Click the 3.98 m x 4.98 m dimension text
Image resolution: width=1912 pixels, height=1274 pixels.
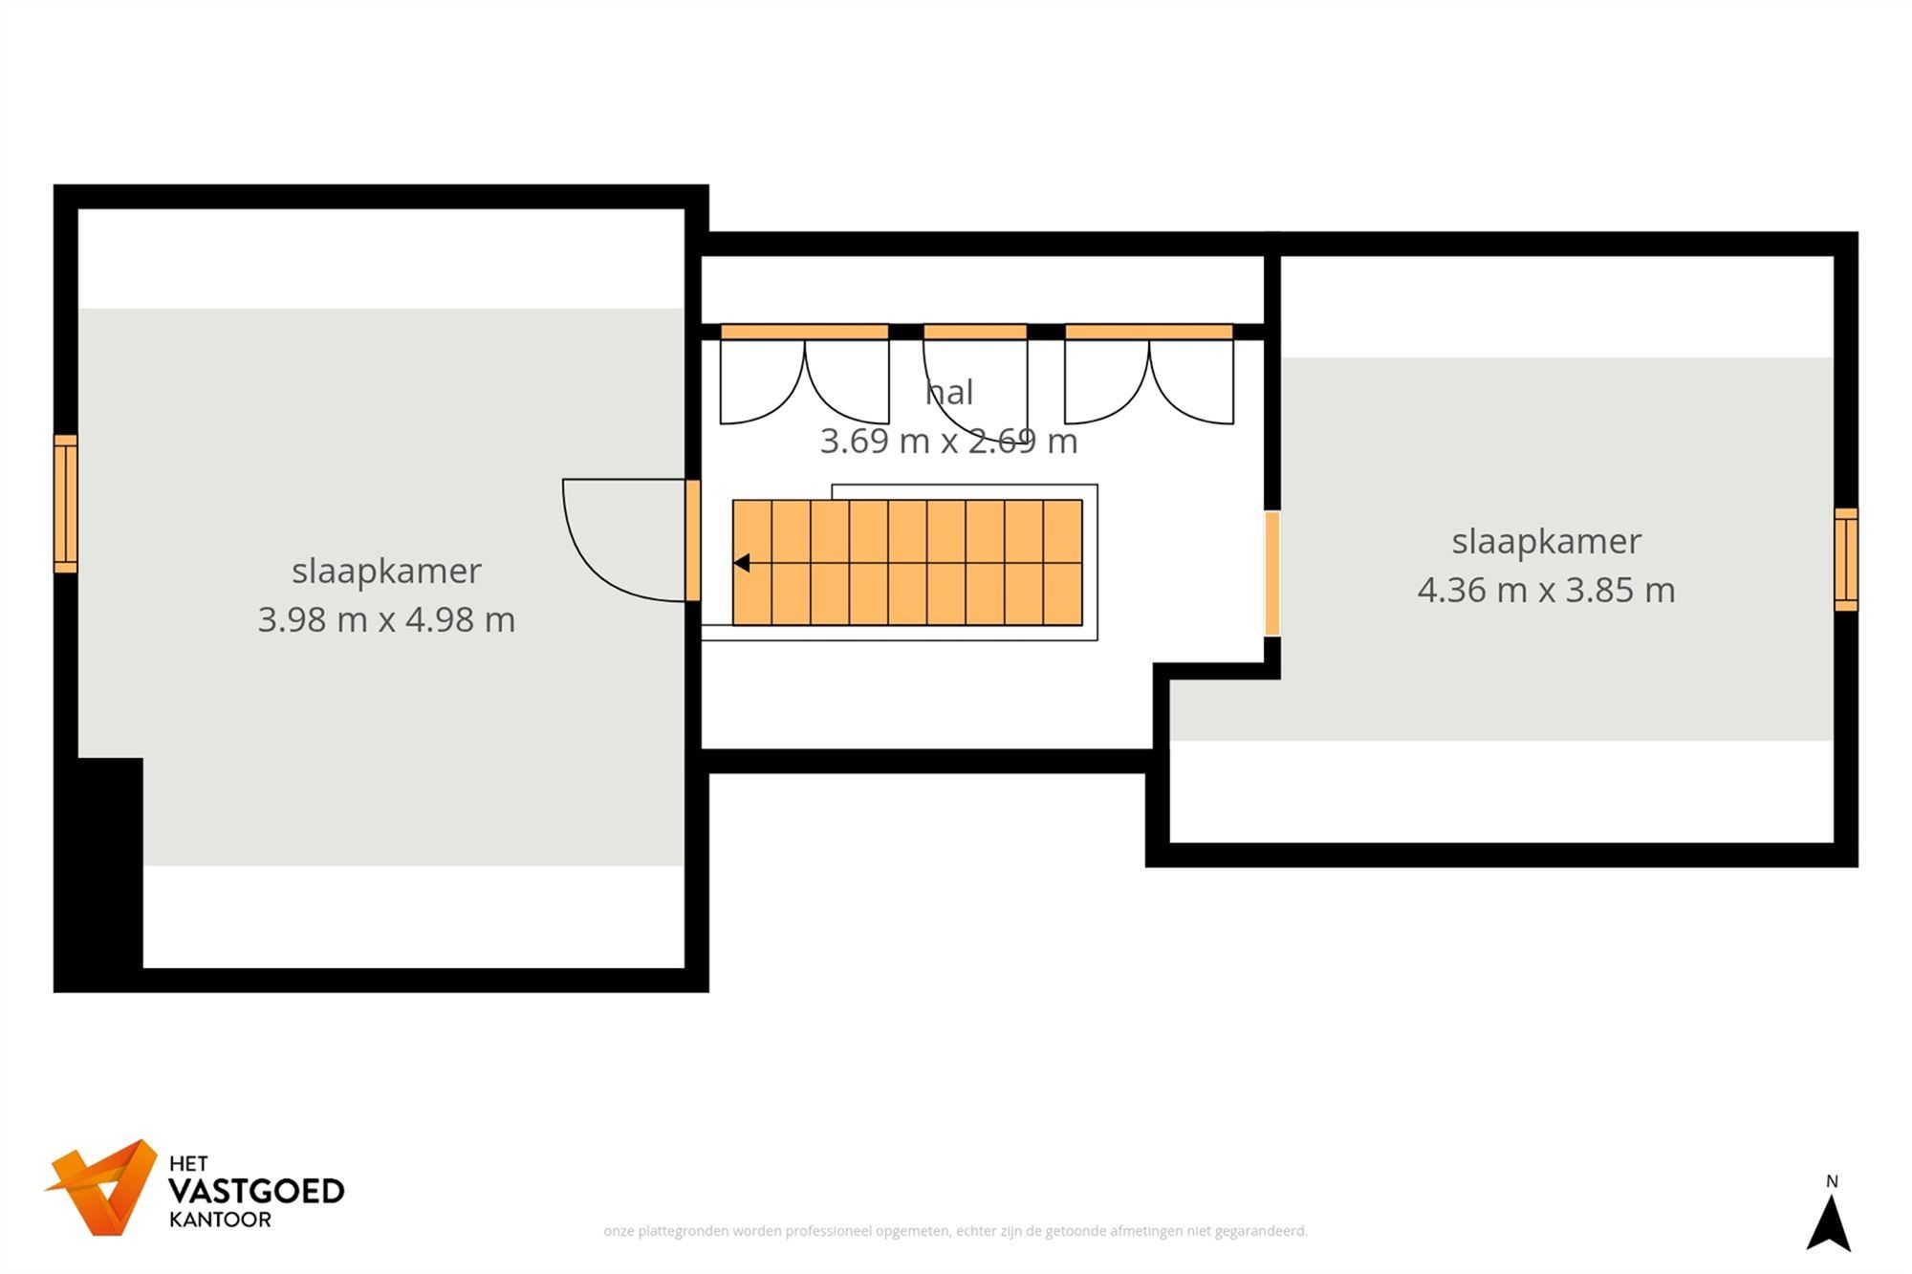[x=386, y=620]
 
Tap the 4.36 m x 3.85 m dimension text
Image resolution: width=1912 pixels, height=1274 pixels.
[x=1546, y=591]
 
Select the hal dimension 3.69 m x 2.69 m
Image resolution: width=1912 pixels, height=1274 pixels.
[x=948, y=442]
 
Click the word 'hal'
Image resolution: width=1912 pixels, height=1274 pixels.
[x=949, y=393]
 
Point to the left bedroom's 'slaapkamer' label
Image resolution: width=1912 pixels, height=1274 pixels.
[x=386, y=571]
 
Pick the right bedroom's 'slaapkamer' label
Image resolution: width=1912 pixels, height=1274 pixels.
[x=1546, y=542]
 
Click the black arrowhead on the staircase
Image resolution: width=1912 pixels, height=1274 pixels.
[x=741, y=564]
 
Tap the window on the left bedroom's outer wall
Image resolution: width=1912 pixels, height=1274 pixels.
[x=65, y=504]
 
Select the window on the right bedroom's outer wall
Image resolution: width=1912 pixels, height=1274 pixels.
[x=1846, y=559]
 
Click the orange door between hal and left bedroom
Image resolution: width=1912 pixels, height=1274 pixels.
[x=693, y=540]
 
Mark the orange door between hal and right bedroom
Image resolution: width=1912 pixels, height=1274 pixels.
[x=1272, y=573]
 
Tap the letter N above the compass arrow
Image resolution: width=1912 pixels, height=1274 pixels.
[x=1832, y=1182]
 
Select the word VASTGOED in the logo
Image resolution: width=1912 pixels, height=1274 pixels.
[x=256, y=1192]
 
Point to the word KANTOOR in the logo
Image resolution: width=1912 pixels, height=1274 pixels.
[x=220, y=1220]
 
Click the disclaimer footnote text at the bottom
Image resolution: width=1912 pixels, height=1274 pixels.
[x=955, y=1231]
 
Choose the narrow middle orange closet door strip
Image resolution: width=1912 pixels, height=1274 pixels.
[x=975, y=332]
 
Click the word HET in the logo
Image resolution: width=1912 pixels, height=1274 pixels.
[x=188, y=1164]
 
